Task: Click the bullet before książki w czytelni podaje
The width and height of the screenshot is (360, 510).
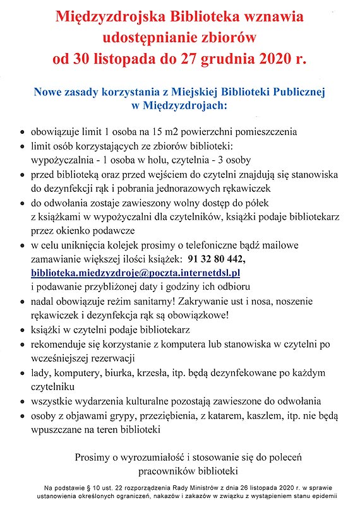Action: point(23,330)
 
